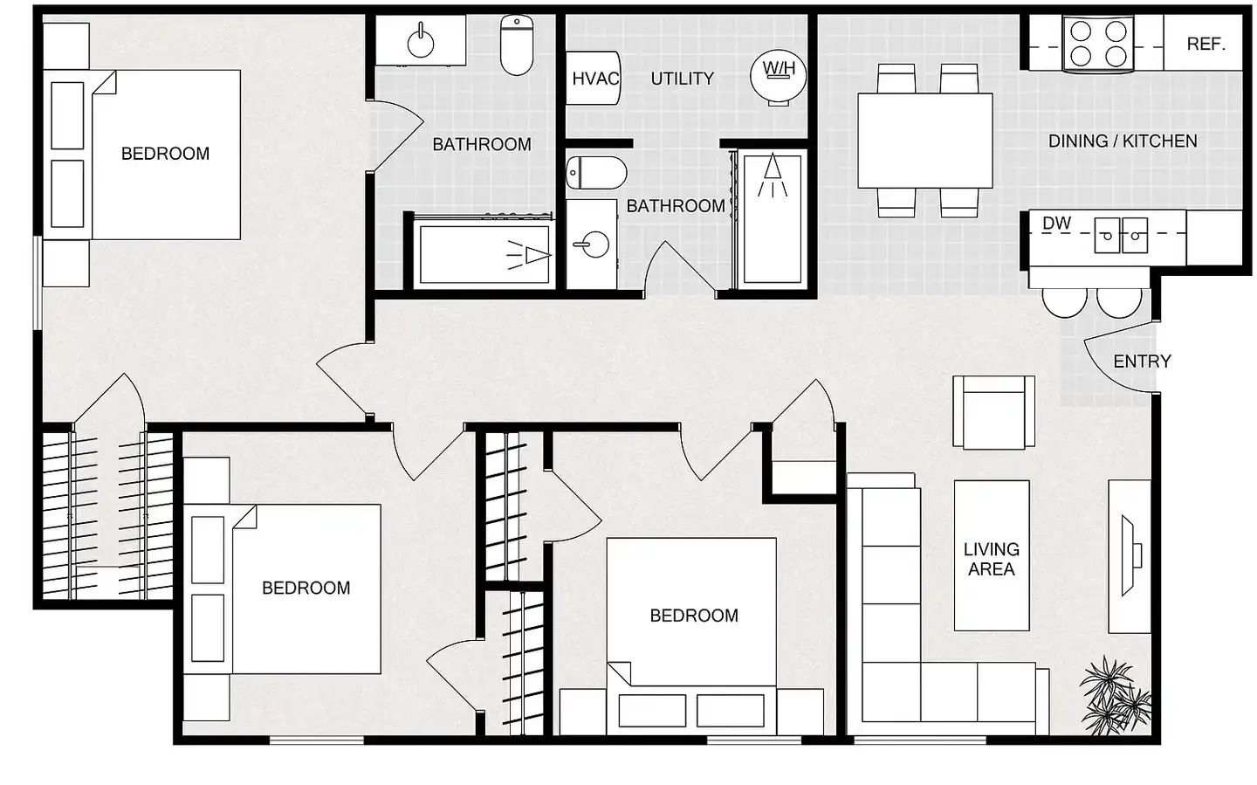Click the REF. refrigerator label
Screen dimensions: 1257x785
coord(1206,44)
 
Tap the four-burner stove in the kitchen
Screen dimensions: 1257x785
coord(1098,44)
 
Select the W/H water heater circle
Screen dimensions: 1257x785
coord(779,78)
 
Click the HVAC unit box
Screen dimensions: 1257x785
coord(594,78)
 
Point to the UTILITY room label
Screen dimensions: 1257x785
coord(683,79)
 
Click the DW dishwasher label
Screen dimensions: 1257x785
coord(1056,224)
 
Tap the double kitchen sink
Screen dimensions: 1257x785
coord(1121,235)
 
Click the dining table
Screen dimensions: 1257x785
coord(924,141)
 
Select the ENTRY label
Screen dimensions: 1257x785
coord(1142,361)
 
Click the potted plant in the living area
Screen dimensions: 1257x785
coord(1115,696)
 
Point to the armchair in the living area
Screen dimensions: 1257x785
coord(993,413)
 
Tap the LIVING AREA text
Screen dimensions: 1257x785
coord(992,559)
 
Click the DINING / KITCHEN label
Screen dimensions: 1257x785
coord(1123,141)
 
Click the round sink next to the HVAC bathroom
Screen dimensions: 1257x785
coord(593,244)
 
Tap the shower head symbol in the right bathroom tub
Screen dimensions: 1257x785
coord(773,176)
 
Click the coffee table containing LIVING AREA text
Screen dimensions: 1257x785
coord(992,555)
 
